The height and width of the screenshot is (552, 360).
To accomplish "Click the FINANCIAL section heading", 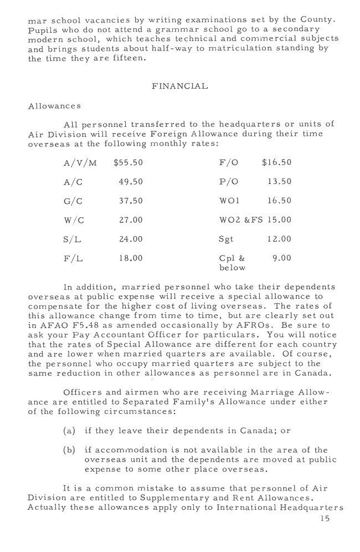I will click(x=179, y=86).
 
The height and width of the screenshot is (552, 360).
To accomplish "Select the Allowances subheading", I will click(x=54, y=105).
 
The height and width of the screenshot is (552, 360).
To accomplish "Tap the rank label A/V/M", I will click(x=80, y=162).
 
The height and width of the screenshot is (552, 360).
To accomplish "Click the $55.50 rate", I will click(x=128, y=162).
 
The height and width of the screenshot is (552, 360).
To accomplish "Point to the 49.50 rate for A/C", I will click(x=131, y=181).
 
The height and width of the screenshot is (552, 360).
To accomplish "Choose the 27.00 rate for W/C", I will click(x=131, y=219).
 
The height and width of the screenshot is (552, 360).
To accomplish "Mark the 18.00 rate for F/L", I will click(x=131, y=258).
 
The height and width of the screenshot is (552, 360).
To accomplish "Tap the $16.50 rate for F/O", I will click(x=276, y=162).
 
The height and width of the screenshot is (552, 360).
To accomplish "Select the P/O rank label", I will click(x=229, y=181).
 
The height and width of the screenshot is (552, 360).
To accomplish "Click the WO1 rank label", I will click(x=229, y=201).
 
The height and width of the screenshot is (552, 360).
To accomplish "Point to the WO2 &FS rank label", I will click(x=241, y=219).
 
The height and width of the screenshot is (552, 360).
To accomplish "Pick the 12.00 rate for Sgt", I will click(x=279, y=239).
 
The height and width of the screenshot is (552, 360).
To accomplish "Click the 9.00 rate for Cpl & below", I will click(x=281, y=258).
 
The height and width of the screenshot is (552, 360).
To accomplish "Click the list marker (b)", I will click(x=70, y=449).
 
